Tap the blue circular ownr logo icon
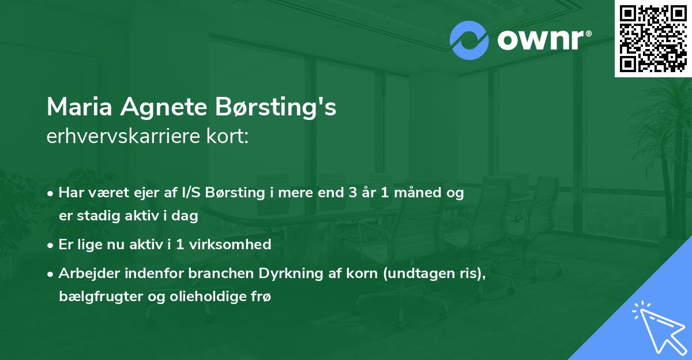click(x=469, y=40)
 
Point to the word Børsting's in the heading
click(x=278, y=108)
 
